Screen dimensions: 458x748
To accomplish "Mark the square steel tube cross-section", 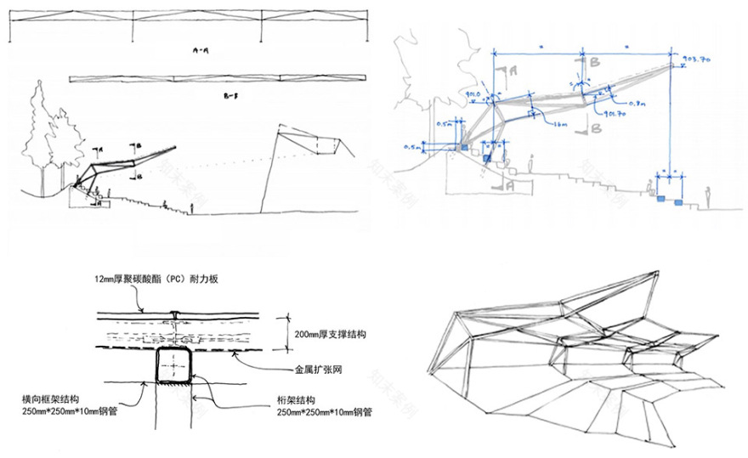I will point(174,366).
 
